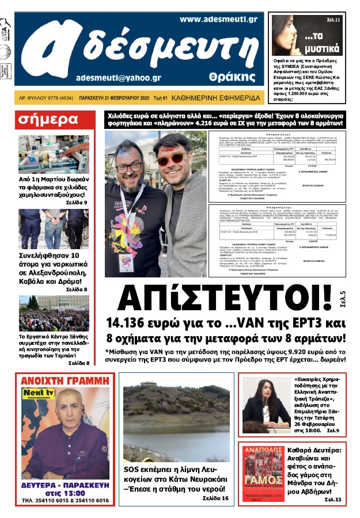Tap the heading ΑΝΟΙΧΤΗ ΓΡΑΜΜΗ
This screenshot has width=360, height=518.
tap(64, 380)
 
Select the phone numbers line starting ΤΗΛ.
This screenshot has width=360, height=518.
tap(64, 500)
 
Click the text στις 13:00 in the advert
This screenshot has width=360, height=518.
tap(64, 490)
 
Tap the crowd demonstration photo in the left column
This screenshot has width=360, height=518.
tap(53, 313)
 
